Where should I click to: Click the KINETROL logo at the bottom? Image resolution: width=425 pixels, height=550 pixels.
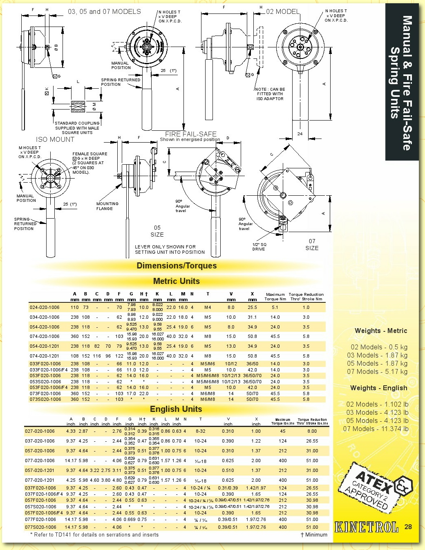pos(366,527)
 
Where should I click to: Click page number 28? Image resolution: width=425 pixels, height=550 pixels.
pos(408,527)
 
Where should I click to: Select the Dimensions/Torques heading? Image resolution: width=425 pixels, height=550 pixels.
pos(177,266)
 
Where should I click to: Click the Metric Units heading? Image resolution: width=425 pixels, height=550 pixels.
pos(176,281)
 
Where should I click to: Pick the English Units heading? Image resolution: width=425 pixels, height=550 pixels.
pos(176,409)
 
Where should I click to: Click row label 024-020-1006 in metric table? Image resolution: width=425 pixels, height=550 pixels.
pos(45,307)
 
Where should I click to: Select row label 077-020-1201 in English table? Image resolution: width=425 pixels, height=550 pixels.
pos(40,480)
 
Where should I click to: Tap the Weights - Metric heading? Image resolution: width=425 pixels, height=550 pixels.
pos(380,331)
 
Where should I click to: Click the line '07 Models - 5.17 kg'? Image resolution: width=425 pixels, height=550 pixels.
pos(377,372)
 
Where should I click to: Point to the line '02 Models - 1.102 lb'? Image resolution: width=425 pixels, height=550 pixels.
pos(377,405)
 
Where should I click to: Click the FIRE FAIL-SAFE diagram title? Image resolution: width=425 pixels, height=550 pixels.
pos(190,134)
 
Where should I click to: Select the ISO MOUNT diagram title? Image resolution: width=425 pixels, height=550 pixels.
pos(55,139)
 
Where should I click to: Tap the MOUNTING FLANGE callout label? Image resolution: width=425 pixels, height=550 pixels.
pos(107,206)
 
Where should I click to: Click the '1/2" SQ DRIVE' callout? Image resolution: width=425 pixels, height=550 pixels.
pos(259,247)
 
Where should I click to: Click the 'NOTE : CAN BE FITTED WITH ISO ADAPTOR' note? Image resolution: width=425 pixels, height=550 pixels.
pos(270,94)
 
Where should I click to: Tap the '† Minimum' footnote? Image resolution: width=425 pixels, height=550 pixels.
pos(314,534)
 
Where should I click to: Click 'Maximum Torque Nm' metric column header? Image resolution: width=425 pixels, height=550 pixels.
pos(275,297)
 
